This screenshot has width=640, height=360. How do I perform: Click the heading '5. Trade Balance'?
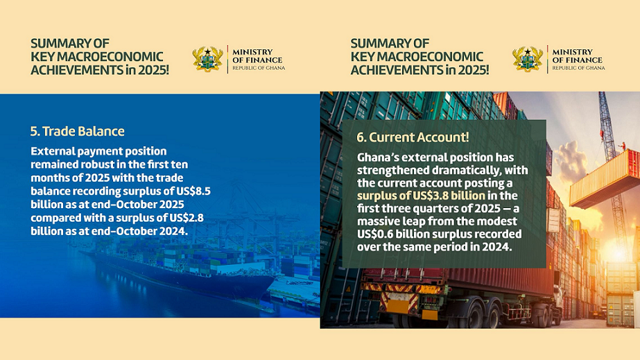coord(77,131)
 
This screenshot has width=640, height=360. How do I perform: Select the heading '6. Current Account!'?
coord(413,137)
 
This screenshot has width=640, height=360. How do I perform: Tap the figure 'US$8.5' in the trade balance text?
coord(193,191)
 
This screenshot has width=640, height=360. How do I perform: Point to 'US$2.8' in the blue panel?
coord(187,218)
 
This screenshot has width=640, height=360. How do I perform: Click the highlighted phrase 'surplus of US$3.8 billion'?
coord(421,196)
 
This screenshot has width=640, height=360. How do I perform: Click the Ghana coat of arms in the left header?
coord(208,59)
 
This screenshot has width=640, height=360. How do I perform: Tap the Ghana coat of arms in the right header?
coord(528,59)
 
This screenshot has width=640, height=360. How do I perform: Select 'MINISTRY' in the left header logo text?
coord(252,52)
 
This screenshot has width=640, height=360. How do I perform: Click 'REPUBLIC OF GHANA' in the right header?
coord(578,68)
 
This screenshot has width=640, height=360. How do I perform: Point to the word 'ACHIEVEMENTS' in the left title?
coord(77,70)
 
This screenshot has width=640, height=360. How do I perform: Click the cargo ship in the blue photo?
coord(180,269)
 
